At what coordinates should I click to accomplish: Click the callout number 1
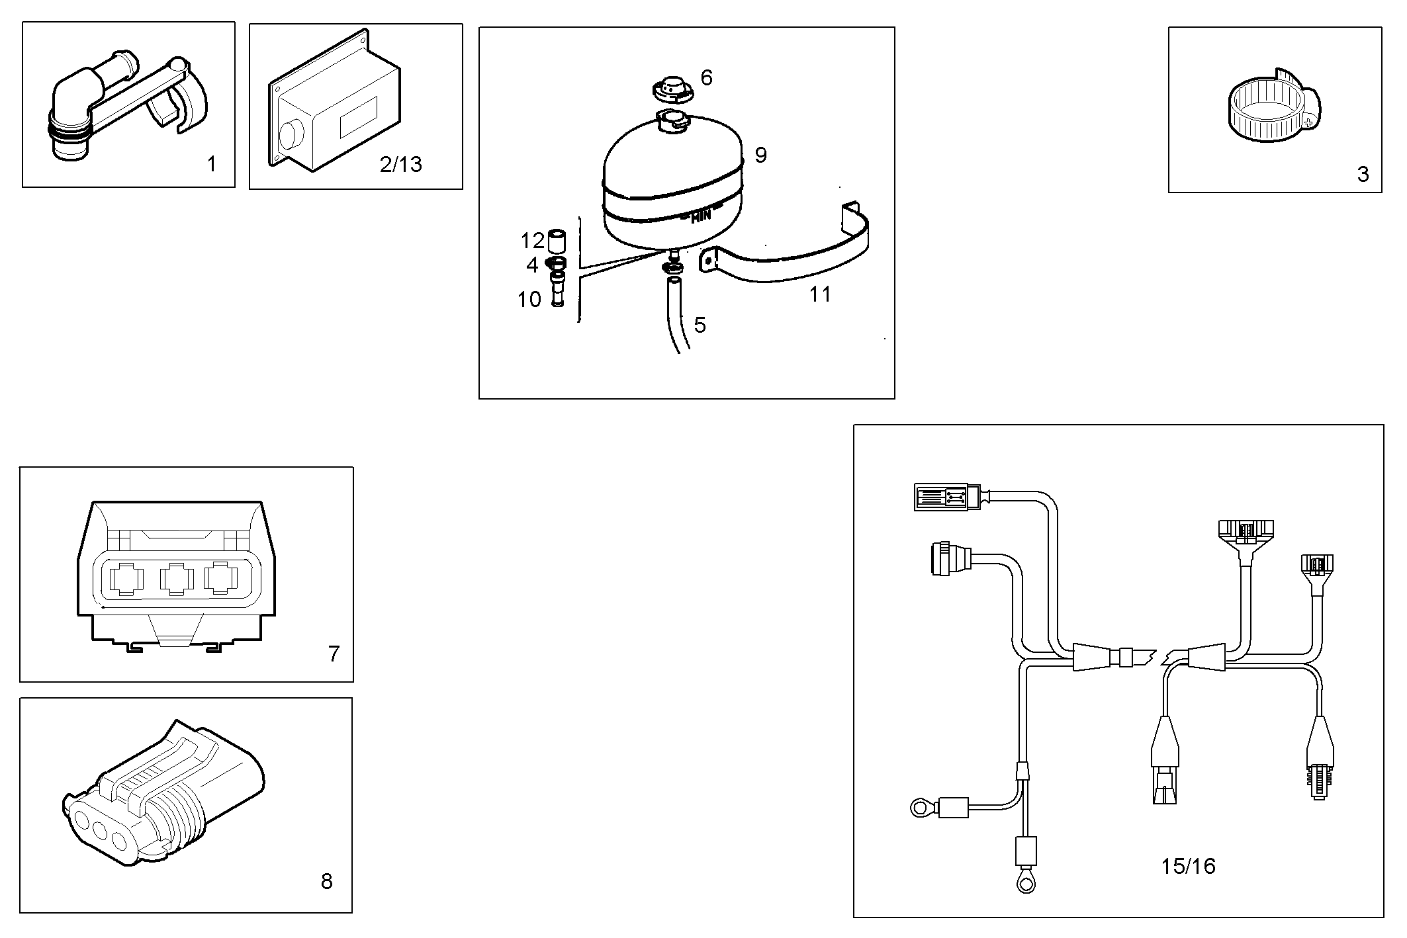coord(212,164)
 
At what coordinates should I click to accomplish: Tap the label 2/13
coord(400,164)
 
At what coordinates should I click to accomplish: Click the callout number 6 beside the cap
coord(706,78)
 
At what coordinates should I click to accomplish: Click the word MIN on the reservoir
coord(700,215)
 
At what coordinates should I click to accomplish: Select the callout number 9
coord(760,155)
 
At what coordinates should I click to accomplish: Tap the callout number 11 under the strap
coord(820,294)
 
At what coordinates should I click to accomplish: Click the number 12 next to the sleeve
coord(532,239)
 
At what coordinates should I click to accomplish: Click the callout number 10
coord(529,300)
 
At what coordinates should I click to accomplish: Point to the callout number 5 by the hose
coord(700,325)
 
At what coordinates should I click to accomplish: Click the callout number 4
coord(532,265)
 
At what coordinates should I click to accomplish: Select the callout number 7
coord(334,654)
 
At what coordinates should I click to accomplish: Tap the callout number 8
coord(326,881)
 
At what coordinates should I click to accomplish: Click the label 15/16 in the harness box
coord(1188,866)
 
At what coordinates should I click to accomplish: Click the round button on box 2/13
coord(289,135)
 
